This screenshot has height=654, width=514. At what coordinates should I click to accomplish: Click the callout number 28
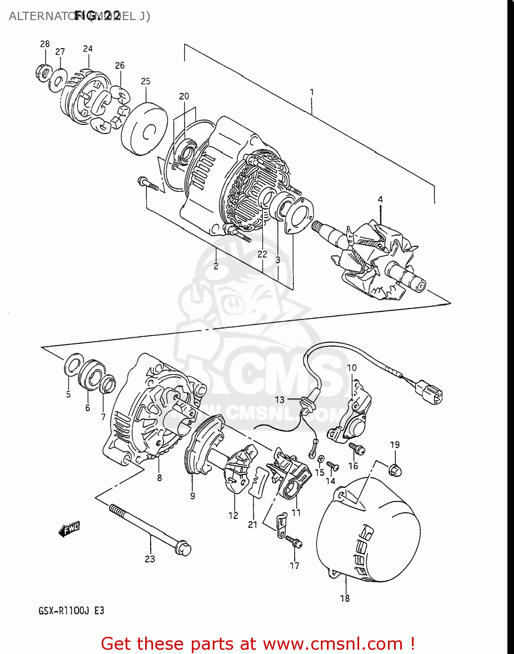click(45, 44)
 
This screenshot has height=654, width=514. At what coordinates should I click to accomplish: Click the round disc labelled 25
click(144, 128)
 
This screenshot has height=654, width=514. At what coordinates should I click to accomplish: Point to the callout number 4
click(380, 199)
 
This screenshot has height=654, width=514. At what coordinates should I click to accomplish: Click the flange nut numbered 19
click(395, 470)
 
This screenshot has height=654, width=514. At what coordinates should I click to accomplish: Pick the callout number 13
click(279, 399)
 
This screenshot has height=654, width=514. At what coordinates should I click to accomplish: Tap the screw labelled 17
click(294, 542)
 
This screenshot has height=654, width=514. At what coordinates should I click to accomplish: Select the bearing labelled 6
click(91, 375)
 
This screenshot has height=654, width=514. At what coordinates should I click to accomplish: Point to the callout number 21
click(253, 525)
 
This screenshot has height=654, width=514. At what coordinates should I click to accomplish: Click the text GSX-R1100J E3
click(71, 611)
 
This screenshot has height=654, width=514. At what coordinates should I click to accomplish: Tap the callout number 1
click(312, 92)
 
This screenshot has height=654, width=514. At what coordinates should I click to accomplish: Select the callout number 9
click(192, 496)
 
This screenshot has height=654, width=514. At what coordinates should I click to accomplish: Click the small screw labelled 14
click(332, 466)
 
